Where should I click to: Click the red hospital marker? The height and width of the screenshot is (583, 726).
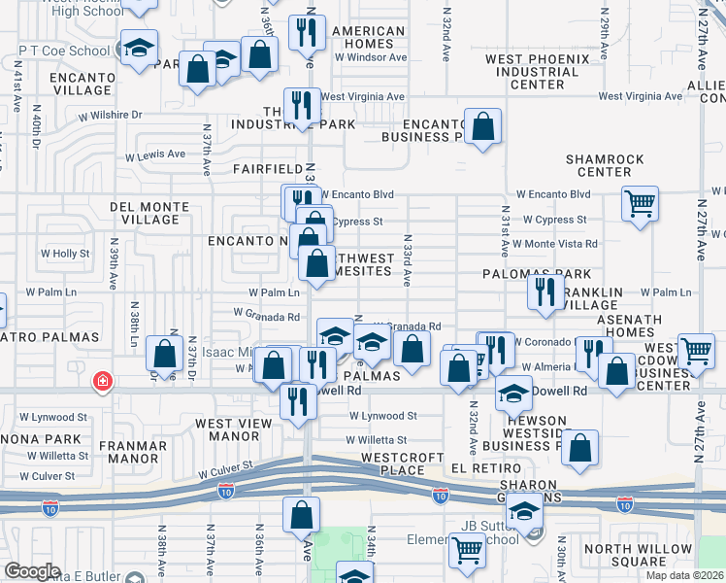coord(101,381)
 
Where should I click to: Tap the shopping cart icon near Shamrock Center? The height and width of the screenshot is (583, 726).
coord(640,204)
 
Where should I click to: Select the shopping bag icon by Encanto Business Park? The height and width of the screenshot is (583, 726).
coord(482,126)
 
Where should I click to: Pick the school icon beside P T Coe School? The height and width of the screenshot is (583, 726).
coord(139,47)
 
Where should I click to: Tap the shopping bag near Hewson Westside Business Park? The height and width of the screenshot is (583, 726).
coord(579,448)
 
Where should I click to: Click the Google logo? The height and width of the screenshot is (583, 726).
coord(33,571)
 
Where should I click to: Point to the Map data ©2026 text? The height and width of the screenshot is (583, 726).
coord(685,575)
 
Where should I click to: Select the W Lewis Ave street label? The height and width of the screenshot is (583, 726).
coord(154,154)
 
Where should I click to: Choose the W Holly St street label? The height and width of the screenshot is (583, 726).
coord(64,254)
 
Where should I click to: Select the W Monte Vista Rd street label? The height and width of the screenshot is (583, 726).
coord(555,243)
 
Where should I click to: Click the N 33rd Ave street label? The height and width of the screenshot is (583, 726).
coord(409,259)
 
